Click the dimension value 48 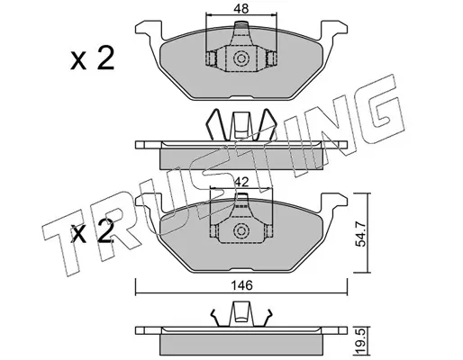(x=241, y=9)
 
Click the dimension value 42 (x=241, y=182)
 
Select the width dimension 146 (x=242, y=285)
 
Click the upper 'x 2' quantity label (x=92, y=59)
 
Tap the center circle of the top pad (x=241, y=58)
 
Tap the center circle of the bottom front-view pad (x=241, y=230)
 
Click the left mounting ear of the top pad (x=149, y=30)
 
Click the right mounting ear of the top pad (x=334, y=30)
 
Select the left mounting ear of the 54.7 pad (x=149, y=202)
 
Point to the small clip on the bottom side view (x=241, y=314)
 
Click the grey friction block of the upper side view (x=241, y=158)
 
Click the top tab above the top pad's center (x=241, y=28)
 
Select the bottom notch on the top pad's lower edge (x=241, y=97)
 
